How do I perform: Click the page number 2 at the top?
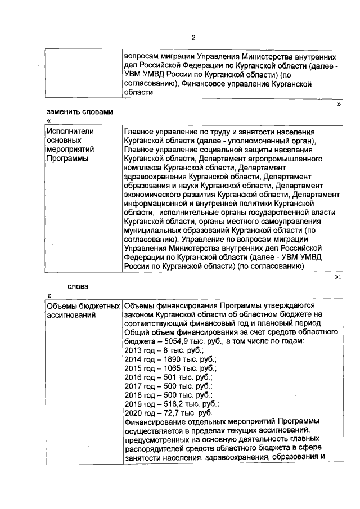click(193, 38)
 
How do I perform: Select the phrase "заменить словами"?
click(79, 111)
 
